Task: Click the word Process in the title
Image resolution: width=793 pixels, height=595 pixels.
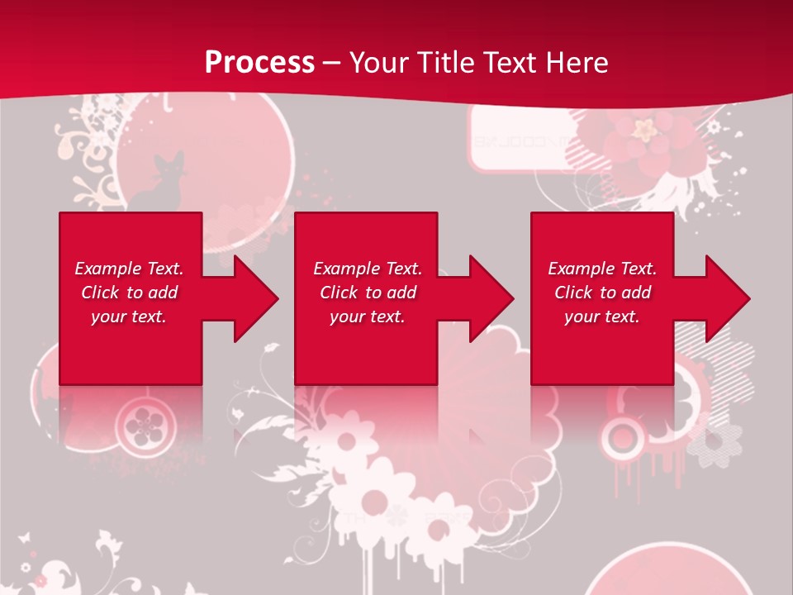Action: tap(259, 62)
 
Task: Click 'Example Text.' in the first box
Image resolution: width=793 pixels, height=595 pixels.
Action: tap(129, 269)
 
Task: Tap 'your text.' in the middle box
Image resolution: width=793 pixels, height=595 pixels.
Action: tap(367, 317)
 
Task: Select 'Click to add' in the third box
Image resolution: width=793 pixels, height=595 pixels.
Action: tap(602, 293)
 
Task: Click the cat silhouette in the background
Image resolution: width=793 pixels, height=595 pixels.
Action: tap(161, 186)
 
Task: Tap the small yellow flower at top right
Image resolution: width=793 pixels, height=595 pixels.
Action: tap(643, 129)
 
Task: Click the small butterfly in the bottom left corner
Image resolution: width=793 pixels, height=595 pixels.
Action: tap(24, 537)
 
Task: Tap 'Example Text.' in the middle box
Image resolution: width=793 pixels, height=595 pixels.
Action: tap(368, 269)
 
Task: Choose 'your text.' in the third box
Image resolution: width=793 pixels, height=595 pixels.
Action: tap(602, 317)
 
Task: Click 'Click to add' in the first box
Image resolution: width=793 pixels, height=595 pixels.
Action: tap(129, 293)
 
